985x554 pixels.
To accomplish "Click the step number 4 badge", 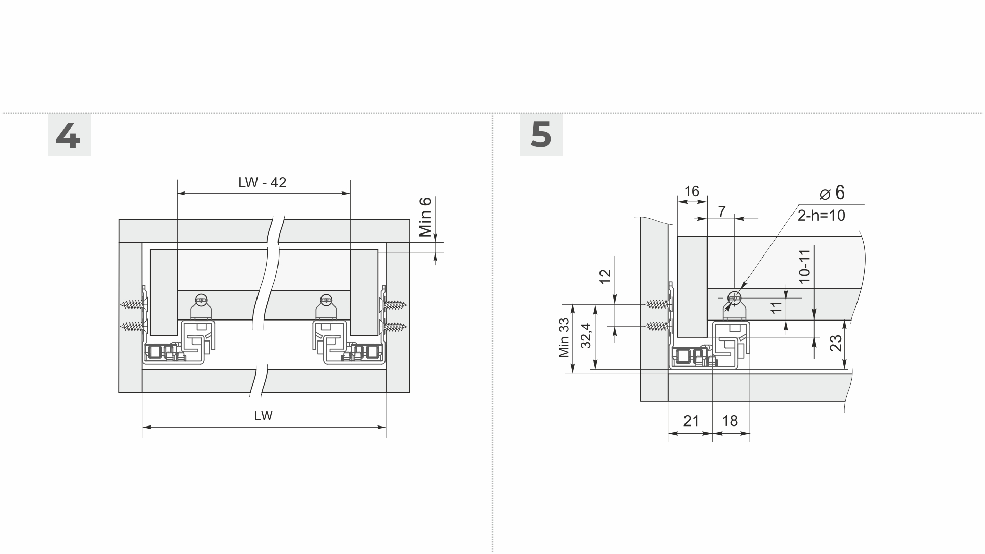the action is click(69, 135).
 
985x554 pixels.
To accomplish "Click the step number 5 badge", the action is click(541, 135).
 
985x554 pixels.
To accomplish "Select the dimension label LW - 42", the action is click(262, 183).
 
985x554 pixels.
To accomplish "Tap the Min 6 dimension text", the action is click(425, 217).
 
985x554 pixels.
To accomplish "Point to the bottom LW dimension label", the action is click(264, 416).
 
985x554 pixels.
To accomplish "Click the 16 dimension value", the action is click(692, 191).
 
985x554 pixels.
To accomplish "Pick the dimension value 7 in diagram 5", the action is click(722, 211).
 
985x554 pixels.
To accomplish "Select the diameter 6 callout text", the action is click(832, 193).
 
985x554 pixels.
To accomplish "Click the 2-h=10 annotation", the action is click(821, 216).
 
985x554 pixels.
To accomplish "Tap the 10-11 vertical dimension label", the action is click(804, 266).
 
